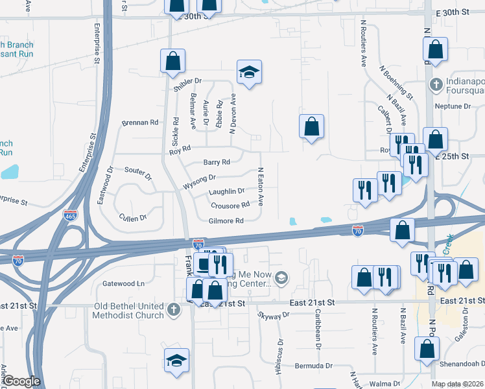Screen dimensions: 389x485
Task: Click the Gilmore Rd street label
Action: tap(226, 221)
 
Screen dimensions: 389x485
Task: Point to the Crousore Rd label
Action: tap(230, 206)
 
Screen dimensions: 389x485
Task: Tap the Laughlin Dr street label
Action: tap(226, 191)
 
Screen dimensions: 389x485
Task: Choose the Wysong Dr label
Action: tap(199, 177)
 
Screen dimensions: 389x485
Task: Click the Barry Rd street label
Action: tap(217, 162)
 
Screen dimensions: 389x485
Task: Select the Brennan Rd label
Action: tap(140, 123)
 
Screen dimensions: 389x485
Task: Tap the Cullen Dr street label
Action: tap(133, 218)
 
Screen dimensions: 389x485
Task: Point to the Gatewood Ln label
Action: tap(123, 283)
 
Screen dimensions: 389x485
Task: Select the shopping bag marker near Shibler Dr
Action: tap(173, 61)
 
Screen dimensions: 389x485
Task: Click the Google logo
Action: tap(21, 381)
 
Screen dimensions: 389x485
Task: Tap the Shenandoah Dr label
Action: tap(462, 363)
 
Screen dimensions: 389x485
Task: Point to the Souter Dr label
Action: tap(137, 172)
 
